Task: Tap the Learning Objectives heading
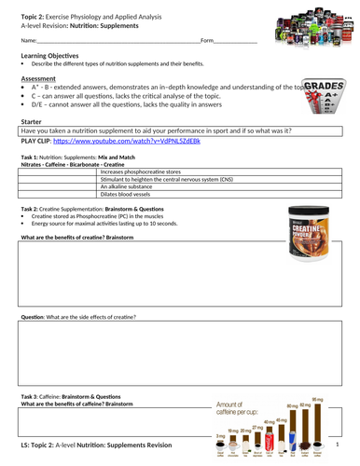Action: [x=49, y=56]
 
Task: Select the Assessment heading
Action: [x=40, y=79]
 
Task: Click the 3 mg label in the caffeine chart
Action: [x=220, y=434]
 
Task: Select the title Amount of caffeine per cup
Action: [x=244, y=406]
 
